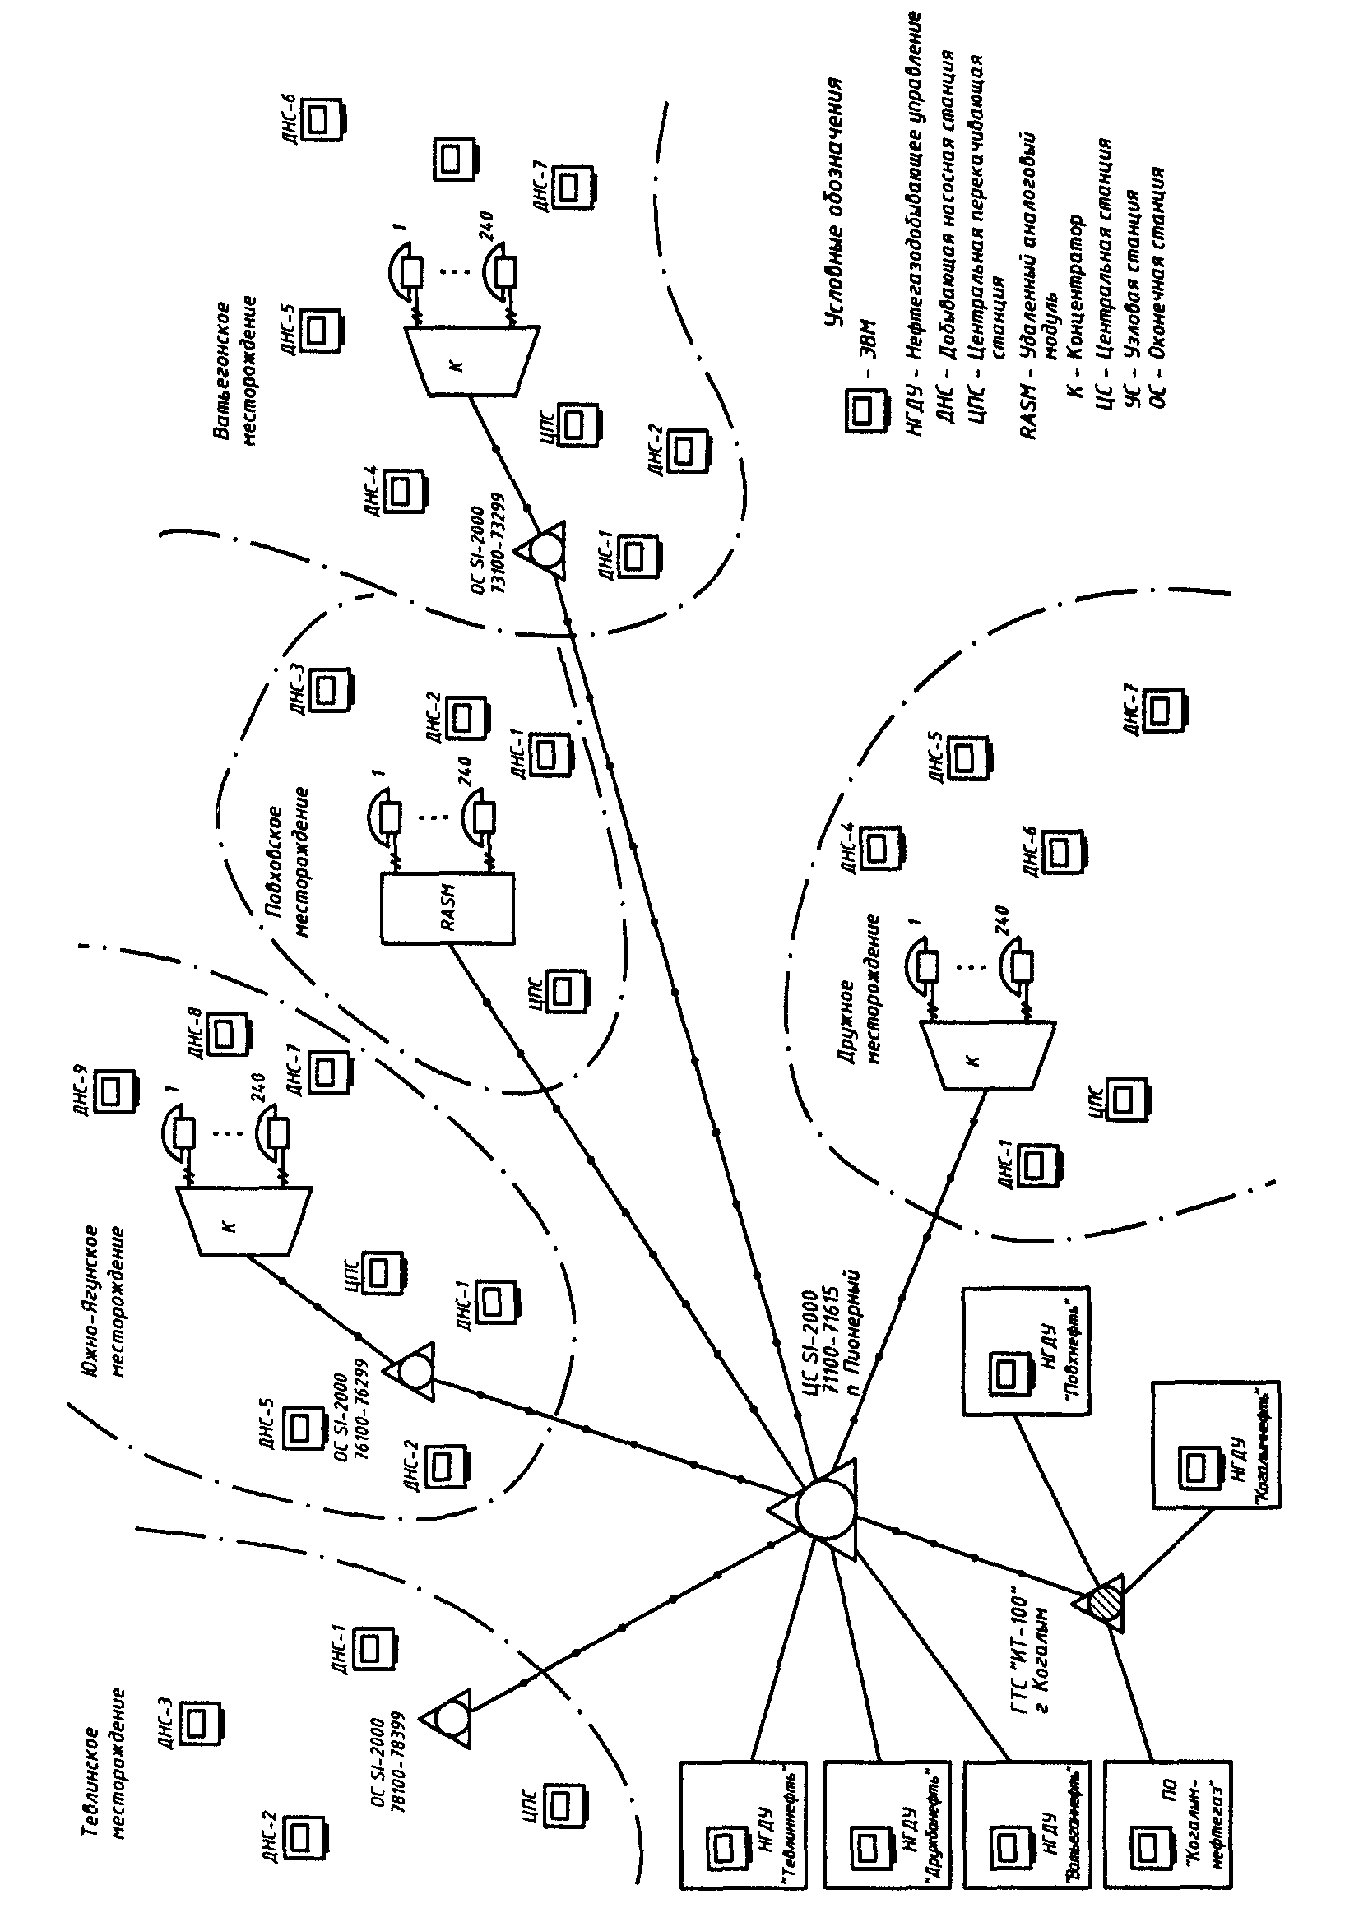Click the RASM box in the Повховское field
tap(447, 908)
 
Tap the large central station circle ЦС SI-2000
tap(823, 1510)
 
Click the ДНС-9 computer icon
tap(114, 1091)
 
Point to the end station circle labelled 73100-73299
tap(546, 552)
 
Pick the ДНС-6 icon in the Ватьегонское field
tap(322, 119)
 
